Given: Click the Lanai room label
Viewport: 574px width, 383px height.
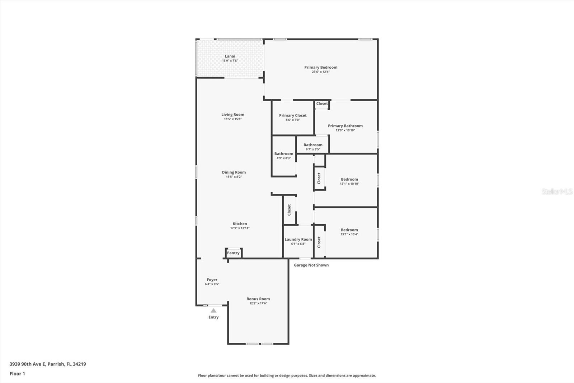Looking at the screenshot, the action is click(x=230, y=56).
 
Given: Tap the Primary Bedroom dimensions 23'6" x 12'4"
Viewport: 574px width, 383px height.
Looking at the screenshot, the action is click(x=321, y=72).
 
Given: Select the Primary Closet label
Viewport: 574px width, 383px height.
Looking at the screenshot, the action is click(x=293, y=116).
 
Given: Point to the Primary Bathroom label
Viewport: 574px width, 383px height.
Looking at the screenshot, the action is click(x=345, y=126).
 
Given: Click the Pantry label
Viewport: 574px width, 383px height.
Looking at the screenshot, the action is click(x=233, y=253).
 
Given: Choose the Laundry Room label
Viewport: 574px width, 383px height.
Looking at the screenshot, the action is click(x=298, y=240).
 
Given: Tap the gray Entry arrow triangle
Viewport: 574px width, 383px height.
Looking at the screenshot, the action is click(x=213, y=311).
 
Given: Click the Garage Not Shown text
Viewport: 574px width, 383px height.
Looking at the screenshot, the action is click(x=311, y=265).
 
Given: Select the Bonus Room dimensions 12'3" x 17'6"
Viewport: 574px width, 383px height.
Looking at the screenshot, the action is click(x=258, y=304).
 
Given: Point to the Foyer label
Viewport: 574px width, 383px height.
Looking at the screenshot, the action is click(x=212, y=280).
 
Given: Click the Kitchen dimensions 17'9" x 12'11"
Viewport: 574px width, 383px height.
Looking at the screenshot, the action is click(x=240, y=228).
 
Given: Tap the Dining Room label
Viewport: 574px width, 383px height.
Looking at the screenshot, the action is click(x=234, y=172).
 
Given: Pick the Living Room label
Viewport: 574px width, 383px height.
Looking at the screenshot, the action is click(x=233, y=115).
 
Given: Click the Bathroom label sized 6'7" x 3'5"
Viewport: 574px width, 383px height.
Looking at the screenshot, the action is click(x=313, y=145).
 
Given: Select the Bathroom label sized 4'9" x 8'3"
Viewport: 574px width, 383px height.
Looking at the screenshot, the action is click(x=284, y=154).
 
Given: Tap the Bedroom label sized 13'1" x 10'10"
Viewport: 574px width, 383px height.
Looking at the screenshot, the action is click(x=349, y=179).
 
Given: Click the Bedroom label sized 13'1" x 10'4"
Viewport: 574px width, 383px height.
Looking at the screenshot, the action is click(x=349, y=230).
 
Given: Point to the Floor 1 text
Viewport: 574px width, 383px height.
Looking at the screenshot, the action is click(x=17, y=374).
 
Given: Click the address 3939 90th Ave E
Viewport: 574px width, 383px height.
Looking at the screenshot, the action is click(x=27, y=364).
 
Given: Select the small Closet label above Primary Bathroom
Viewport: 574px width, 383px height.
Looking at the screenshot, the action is click(x=322, y=103).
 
